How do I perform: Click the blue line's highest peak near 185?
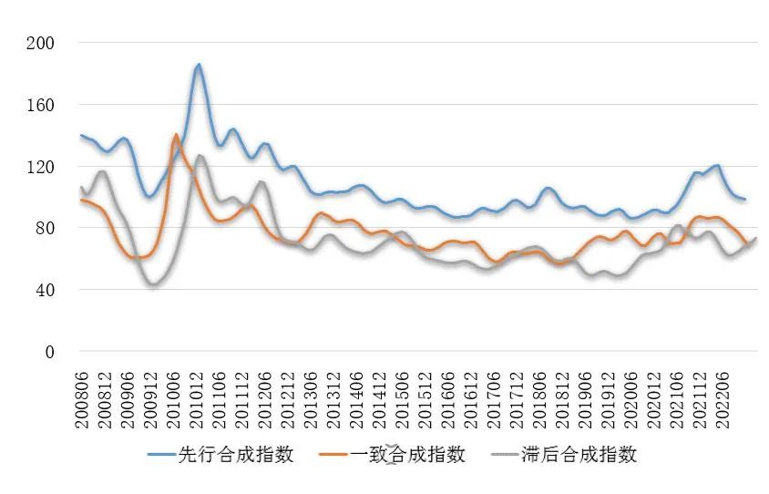pos(199,65)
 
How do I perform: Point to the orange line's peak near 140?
pos(176,135)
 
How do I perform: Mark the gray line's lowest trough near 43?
pos(152,285)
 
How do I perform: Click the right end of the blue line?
pos(744,200)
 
